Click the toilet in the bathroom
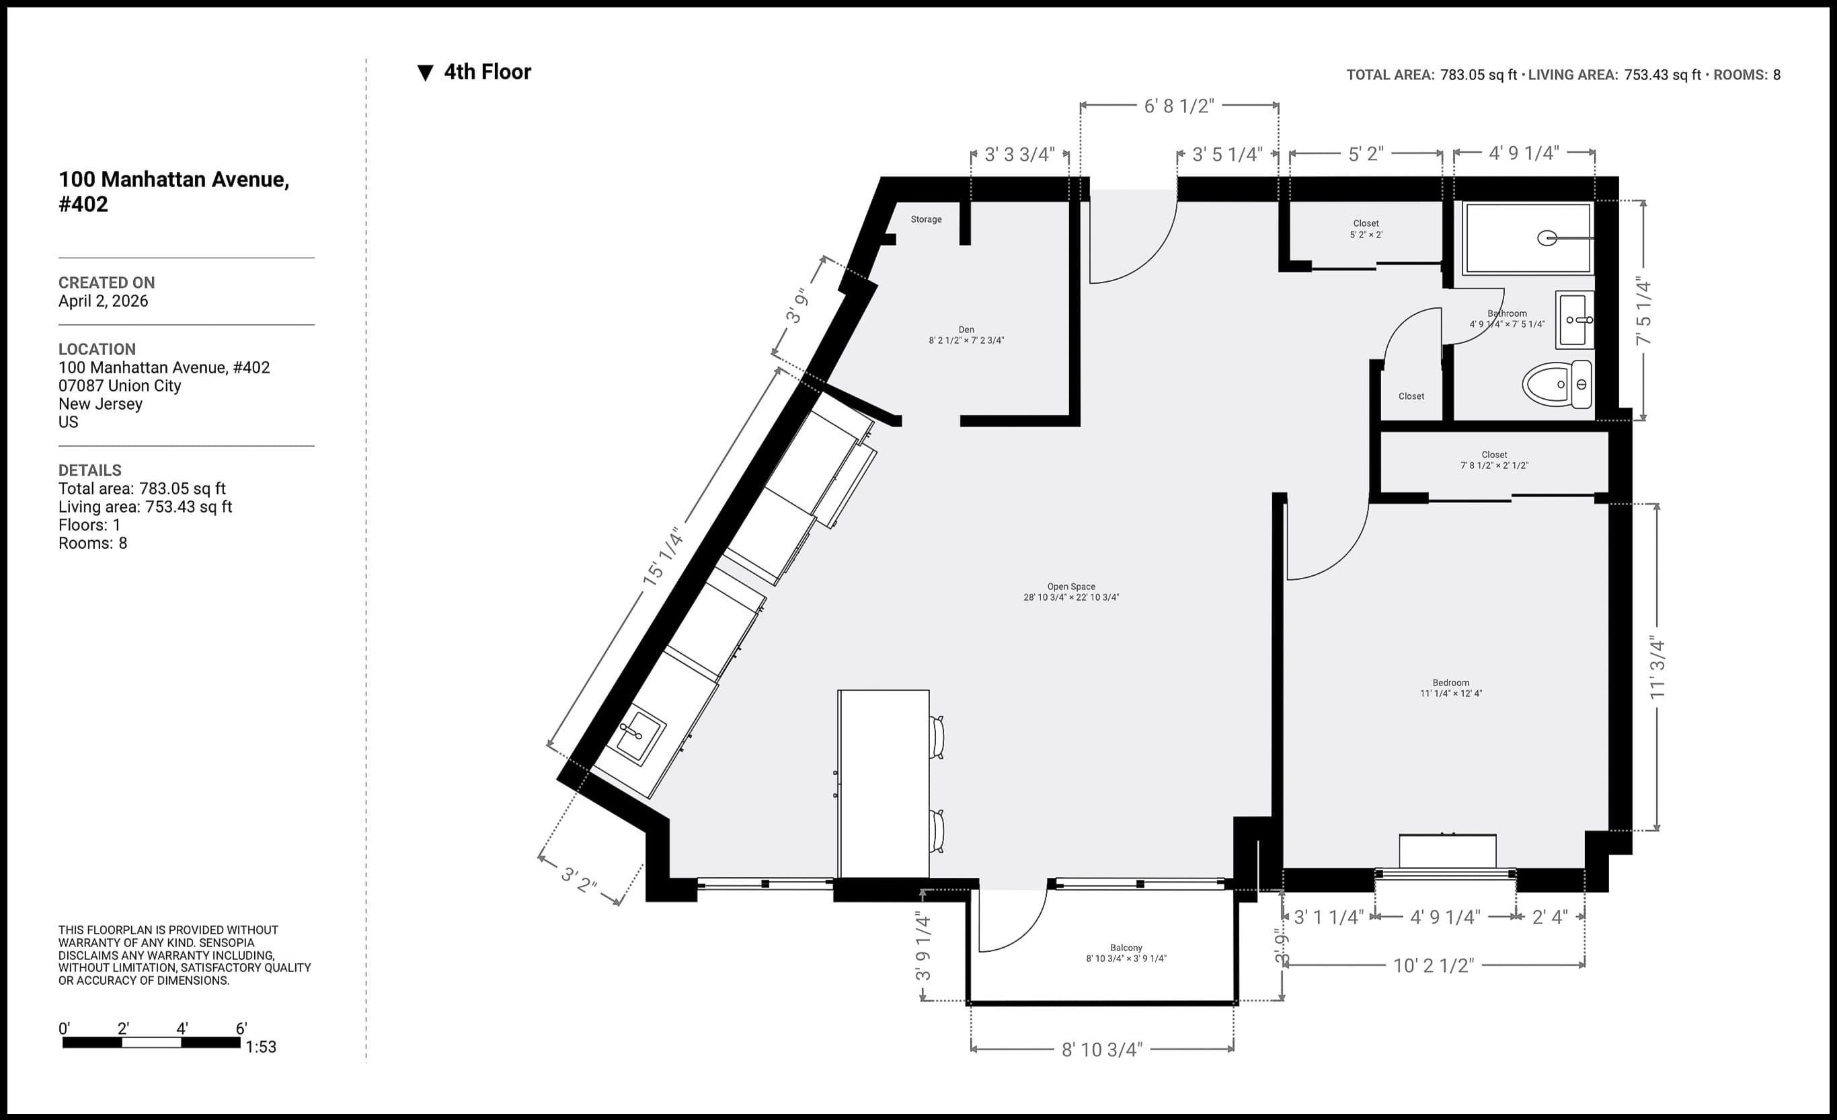point(1555,385)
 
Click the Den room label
point(966,330)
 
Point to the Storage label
point(926,219)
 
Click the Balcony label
point(1126,948)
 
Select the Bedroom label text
point(1451,682)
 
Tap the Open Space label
point(1071,587)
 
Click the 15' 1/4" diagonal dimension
point(663,556)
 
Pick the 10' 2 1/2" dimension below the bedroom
point(1434,966)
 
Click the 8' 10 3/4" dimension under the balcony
point(1102,1050)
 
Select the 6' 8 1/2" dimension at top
point(1179,106)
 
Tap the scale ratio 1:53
point(261,1047)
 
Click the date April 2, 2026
point(103,301)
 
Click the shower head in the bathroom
point(1548,239)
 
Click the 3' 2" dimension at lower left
point(578,880)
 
